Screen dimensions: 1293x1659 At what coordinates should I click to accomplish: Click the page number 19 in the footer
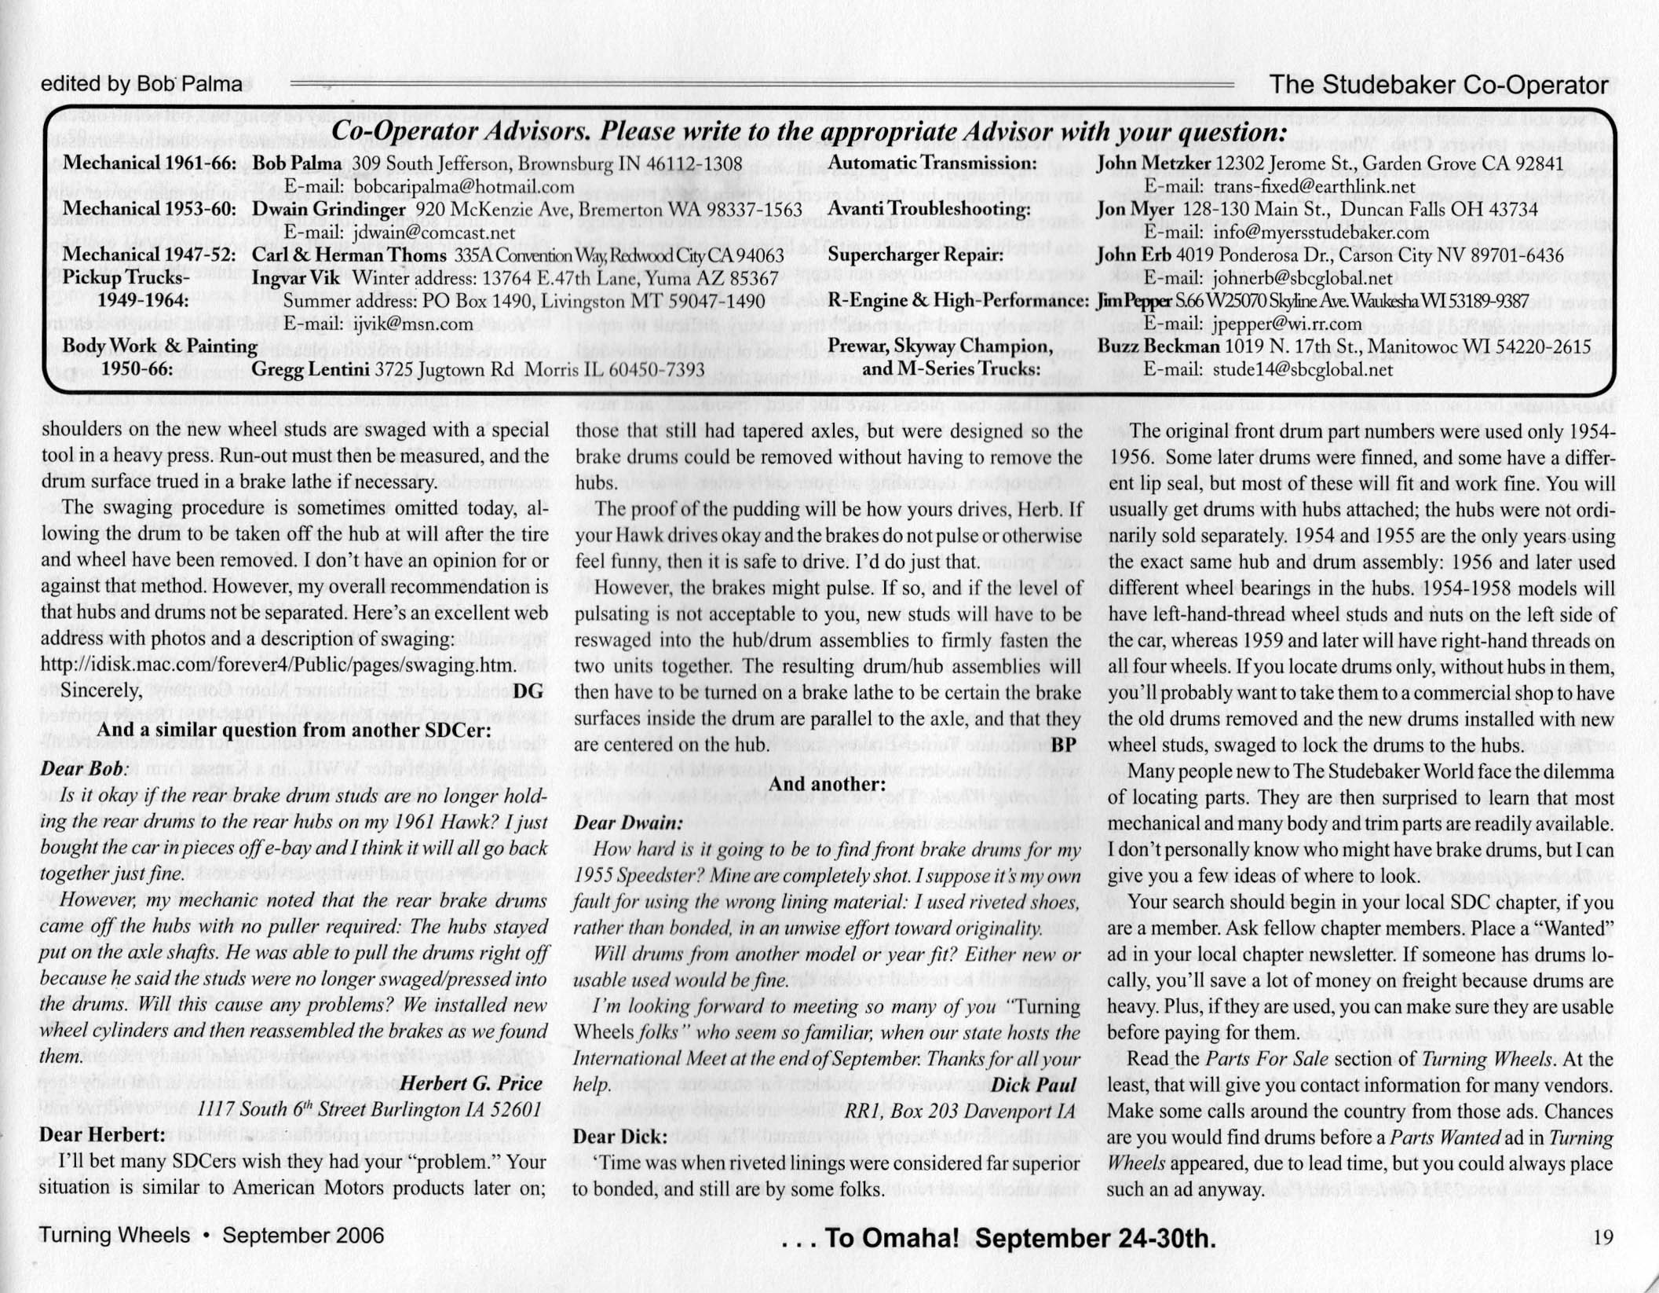tap(1602, 1238)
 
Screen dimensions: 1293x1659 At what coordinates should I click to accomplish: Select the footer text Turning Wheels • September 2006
tap(212, 1236)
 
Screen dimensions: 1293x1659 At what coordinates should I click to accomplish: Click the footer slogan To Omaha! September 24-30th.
tap(999, 1239)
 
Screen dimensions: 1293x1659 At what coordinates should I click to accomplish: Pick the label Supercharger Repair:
tap(915, 255)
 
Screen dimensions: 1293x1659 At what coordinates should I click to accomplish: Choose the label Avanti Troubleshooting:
tap(929, 210)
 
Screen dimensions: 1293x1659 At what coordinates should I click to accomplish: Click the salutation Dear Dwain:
tap(628, 822)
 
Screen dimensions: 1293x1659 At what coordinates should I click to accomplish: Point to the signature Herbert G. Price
tap(471, 1083)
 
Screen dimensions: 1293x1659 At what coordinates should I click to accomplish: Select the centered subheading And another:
tap(827, 783)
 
